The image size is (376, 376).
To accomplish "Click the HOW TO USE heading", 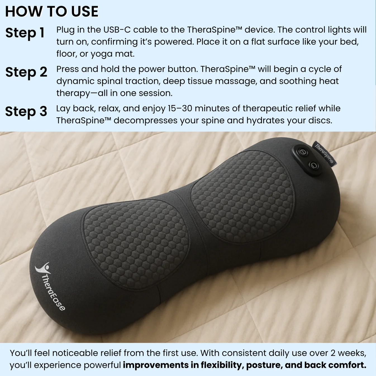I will (x=52, y=12).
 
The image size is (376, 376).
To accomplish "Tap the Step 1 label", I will (x=25, y=33).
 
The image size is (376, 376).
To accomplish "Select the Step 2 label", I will (x=26, y=72).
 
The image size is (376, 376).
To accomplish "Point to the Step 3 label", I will (x=26, y=111).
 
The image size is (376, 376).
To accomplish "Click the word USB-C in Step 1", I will (x=117, y=30).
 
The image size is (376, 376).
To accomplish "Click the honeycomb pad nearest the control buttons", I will (x=242, y=196).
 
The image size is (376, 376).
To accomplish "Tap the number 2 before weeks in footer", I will (x=333, y=353).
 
